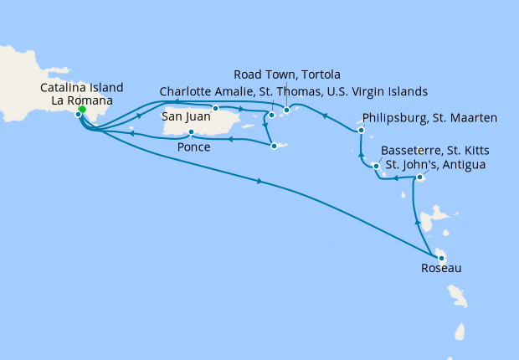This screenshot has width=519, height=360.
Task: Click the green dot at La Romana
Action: click(82, 109)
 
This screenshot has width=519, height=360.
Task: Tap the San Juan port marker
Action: click(216, 108)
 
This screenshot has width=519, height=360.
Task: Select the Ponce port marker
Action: click(192, 132)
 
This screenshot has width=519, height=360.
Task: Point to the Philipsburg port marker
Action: click(361, 131)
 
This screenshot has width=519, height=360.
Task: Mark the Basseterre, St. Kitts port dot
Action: click(377, 166)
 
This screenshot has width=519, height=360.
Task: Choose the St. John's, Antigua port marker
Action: click(419, 177)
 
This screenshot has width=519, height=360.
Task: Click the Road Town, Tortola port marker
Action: click(286, 110)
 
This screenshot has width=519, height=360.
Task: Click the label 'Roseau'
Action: click(440, 270)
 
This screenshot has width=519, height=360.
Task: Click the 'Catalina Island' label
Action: click(81, 87)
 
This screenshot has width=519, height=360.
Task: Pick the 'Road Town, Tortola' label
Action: click(286, 75)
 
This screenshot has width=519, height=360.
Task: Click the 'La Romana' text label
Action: click(81, 100)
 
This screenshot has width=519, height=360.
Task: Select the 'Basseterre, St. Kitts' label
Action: click(435, 150)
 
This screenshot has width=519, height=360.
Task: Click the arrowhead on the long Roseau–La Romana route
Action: click(262, 182)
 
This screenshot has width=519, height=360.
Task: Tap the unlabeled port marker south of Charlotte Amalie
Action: click(274, 147)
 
